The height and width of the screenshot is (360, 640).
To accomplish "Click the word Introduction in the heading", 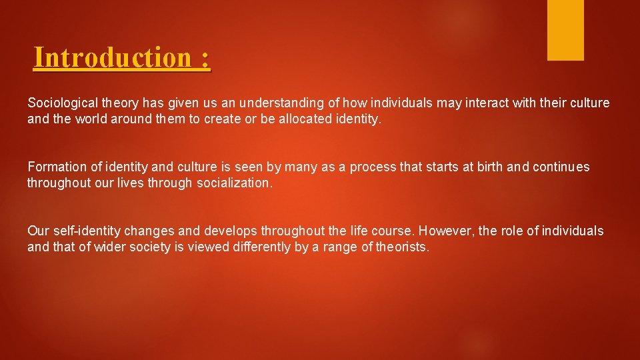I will pyautogui.click(x=113, y=58).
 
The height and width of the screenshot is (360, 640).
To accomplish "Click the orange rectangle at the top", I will pyautogui.click(x=565, y=29).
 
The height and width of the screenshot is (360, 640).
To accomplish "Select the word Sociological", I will pyautogui.click(x=62, y=103).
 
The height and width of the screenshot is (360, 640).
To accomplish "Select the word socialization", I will pyautogui.click(x=235, y=183).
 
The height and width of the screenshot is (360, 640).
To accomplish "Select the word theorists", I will pyautogui.click(x=404, y=248).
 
